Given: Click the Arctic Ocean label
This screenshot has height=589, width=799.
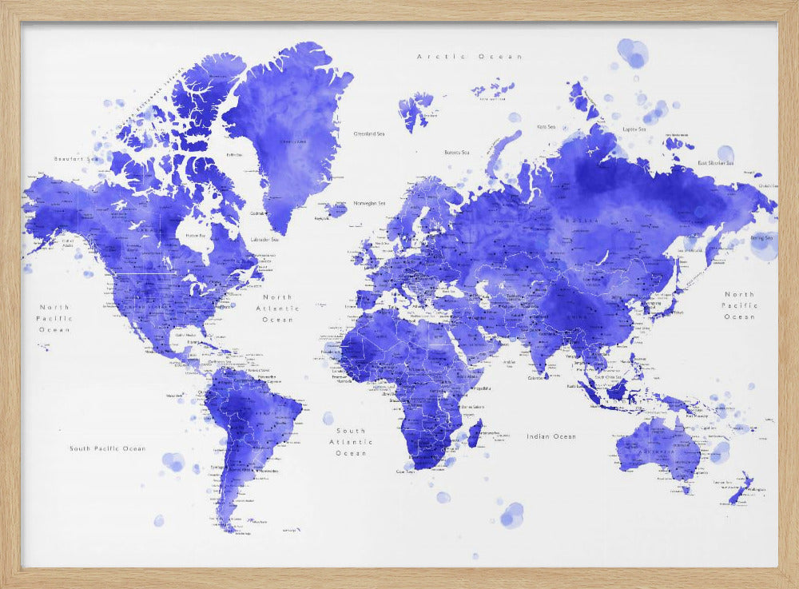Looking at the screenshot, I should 470,57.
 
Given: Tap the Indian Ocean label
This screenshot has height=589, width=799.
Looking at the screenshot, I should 551,436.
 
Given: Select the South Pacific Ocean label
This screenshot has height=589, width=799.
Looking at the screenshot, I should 107,448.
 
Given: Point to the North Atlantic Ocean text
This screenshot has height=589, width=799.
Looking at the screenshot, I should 278,308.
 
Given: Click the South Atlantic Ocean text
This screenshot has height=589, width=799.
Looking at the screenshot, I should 351,441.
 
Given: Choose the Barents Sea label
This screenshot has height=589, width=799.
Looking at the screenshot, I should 458,151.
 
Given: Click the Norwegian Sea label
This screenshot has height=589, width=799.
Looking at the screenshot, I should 370,203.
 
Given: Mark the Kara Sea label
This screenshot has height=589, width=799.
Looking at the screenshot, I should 547,126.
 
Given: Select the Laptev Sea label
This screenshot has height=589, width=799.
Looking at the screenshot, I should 634,128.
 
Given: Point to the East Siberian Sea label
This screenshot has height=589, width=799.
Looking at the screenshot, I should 715,163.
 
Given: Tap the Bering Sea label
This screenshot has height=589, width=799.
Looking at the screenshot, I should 762,237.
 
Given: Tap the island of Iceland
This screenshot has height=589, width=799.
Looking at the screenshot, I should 336,209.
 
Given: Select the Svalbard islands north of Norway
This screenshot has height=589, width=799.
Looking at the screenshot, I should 415,108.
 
